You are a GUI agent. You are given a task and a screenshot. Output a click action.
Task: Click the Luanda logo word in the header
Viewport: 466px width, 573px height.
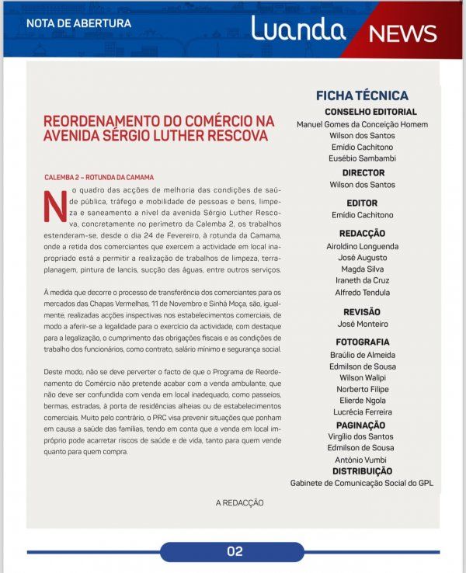[297, 29]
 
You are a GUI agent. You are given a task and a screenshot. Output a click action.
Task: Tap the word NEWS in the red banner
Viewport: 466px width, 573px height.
[402, 33]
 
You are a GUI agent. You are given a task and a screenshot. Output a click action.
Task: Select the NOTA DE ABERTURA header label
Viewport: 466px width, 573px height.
[78, 23]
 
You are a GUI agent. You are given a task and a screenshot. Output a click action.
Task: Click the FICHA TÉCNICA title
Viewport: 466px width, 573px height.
[362, 95]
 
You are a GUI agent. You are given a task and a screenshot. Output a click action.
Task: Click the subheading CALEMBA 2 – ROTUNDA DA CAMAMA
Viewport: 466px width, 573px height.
[99, 177]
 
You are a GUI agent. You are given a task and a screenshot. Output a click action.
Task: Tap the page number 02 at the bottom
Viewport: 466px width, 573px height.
[235, 551]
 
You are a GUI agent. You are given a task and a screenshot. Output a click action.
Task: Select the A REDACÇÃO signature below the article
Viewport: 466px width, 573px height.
[239, 502]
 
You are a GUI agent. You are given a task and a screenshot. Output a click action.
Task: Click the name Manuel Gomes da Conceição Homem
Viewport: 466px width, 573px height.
[362, 124]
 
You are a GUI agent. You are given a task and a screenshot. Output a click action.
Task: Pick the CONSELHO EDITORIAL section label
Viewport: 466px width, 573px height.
[362, 112]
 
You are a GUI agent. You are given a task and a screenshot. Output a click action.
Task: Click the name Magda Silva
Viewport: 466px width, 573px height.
[362, 268]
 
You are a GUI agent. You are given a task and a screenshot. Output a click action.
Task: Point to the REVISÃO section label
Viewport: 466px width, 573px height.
[362, 311]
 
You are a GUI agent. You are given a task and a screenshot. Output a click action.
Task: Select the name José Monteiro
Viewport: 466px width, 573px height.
[362, 324]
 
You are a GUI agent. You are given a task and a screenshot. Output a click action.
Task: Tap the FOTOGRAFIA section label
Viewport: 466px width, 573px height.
[362, 342]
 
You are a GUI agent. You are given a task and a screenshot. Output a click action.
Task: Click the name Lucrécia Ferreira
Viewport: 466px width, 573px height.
[362, 412]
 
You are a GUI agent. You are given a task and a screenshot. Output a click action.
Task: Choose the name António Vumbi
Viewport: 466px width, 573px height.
[362, 460]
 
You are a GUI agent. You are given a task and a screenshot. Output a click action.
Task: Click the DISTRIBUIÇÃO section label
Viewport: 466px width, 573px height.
[362, 471]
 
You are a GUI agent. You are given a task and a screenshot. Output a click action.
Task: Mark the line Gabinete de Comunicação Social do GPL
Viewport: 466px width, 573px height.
[362, 483]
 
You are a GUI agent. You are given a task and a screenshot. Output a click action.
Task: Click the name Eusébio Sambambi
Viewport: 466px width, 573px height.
[362, 158]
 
